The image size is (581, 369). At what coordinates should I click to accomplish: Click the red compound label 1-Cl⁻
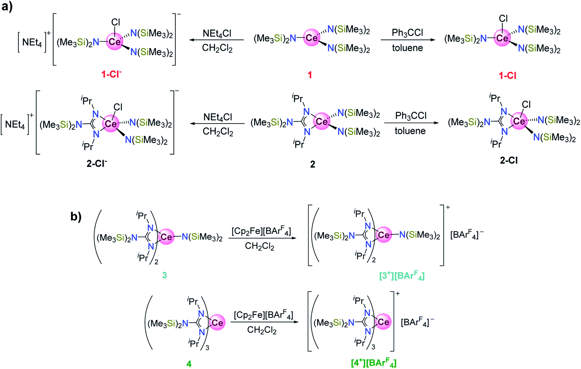coord(111,74)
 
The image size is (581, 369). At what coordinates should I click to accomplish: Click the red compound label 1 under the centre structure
coord(310,75)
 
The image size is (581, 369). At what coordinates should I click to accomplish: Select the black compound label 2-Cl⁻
coord(97,163)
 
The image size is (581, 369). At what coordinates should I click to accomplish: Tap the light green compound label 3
coord(165,275)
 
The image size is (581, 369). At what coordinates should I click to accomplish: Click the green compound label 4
coord(189,363)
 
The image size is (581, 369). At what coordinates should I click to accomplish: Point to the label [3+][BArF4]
coord(402,276)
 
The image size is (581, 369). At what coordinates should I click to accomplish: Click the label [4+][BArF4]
coord(373,363)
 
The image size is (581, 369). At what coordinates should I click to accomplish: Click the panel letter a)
coord(7,7)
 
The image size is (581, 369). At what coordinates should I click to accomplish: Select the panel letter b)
coord(76,216)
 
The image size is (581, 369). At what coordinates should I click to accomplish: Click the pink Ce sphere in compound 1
coord(311,38)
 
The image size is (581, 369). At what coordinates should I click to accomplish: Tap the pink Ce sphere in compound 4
coord(217,323)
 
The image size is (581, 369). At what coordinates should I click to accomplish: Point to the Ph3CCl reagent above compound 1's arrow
coord(407,33)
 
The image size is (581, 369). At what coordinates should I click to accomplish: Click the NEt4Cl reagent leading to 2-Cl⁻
coord(218,117)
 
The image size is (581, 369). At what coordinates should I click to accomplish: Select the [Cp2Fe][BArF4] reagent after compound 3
coord(261,231)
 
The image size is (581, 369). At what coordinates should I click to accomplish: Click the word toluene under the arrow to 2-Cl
coord(410,131)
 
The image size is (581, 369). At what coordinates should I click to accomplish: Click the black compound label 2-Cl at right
coord(509,160)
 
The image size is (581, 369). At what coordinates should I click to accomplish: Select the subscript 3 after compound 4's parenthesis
coord(208,348)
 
